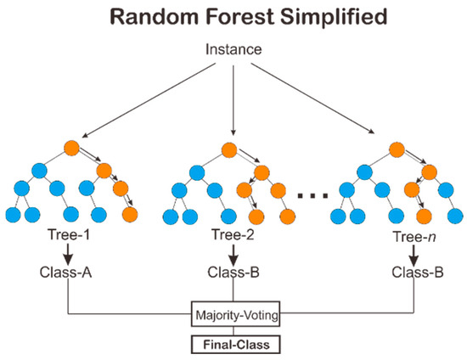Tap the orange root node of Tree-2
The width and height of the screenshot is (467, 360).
228,149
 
